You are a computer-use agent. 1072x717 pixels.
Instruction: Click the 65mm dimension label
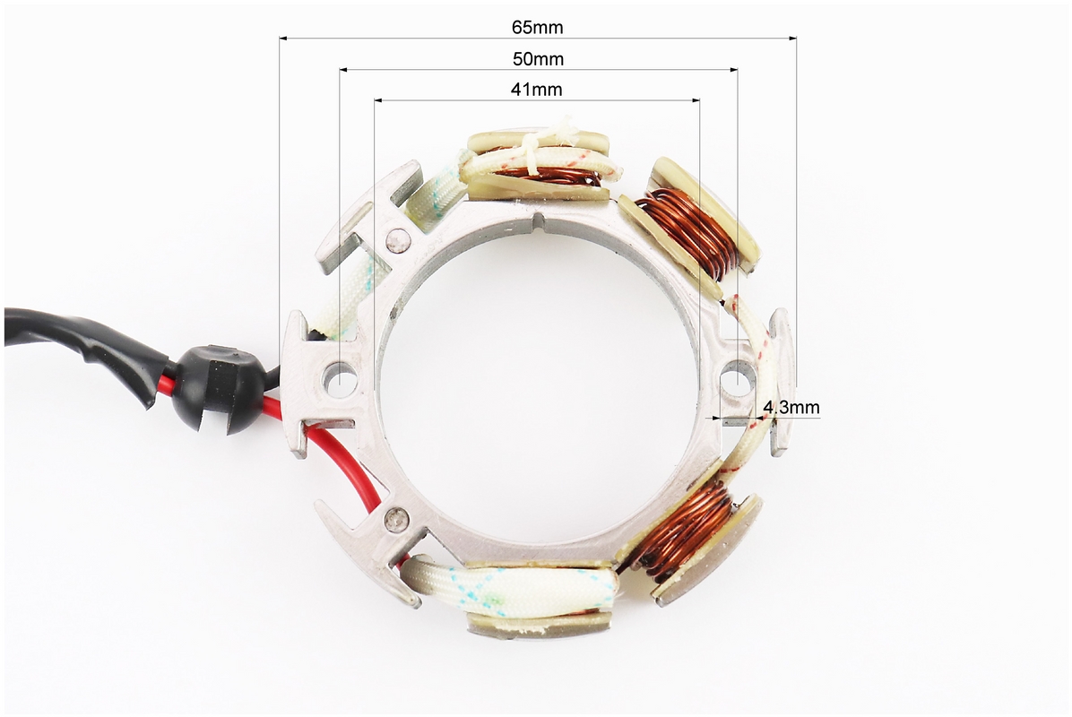coord(538,28)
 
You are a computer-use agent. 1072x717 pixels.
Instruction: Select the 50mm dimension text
coord(538,59)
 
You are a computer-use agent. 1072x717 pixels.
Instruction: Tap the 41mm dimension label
coord(537,90)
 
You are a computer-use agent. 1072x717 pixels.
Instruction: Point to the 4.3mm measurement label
coord(791,408)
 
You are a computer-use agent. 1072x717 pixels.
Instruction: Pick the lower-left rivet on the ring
coord(397,519)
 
